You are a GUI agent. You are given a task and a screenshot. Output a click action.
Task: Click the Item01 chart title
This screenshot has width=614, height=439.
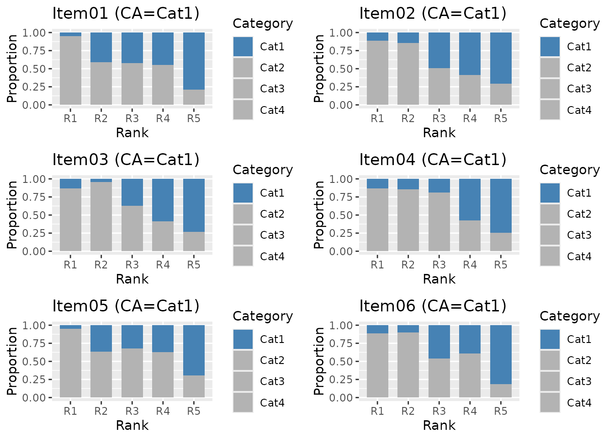point(126,13)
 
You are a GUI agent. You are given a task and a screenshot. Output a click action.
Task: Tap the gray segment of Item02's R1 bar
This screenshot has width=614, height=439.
point(377,73)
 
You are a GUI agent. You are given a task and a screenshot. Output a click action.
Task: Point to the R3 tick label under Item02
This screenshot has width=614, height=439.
point(439,118)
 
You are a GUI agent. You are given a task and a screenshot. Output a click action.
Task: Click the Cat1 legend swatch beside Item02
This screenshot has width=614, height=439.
point(550,47)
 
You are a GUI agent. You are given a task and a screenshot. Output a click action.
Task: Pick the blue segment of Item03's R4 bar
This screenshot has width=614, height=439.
point(163,200)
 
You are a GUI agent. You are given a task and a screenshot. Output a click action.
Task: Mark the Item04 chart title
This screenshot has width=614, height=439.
point(433,160)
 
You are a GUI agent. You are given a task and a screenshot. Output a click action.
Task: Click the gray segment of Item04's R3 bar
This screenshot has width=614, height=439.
point(439,222)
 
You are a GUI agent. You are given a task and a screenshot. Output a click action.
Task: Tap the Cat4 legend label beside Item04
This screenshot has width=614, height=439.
point(579,257)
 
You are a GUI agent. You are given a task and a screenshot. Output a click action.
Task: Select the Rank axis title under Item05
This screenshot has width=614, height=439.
point(132,425)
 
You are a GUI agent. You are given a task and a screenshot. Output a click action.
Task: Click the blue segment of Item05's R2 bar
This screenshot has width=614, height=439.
point(101,338)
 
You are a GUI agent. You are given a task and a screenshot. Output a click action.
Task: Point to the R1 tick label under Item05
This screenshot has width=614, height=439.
point(70,411)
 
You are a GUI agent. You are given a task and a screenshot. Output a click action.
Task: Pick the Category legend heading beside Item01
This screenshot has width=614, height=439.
point(263,24)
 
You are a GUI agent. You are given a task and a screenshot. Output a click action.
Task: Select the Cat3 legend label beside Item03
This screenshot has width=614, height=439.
point(272,235)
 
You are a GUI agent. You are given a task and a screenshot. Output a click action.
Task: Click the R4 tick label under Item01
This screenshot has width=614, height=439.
point(163,118)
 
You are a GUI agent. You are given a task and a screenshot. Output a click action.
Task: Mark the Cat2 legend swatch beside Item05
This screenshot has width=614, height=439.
point(243,360)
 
